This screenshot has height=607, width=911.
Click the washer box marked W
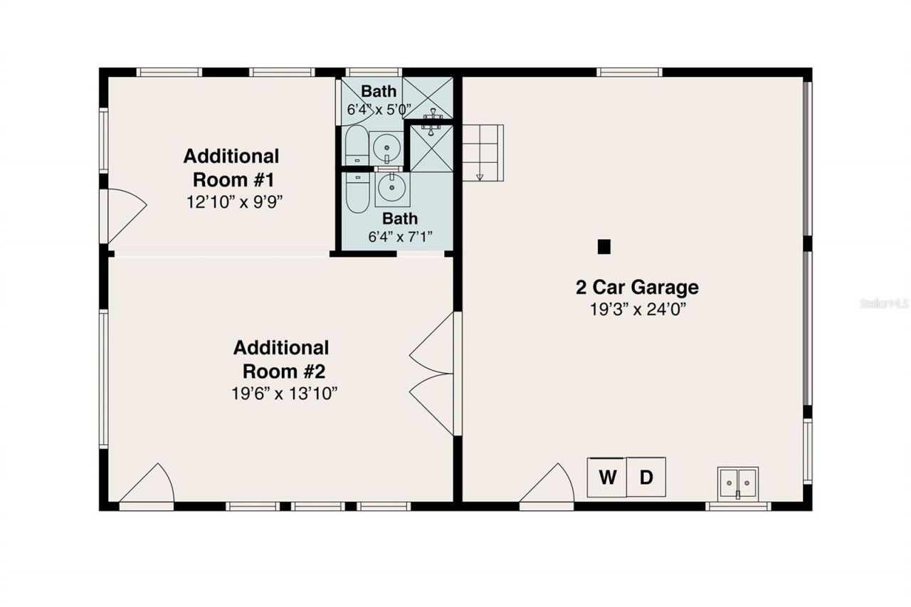606,477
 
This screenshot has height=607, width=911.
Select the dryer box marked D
646,477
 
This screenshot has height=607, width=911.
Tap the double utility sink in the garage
738,482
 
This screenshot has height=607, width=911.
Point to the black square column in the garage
604,246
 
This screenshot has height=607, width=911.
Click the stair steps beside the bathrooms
483,152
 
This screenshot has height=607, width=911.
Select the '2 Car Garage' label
637,287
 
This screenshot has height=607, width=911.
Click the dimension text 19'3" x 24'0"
637,309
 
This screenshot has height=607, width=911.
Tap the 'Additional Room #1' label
231,167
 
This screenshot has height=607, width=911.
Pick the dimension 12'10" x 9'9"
235,201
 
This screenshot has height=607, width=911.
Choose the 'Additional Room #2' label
281,359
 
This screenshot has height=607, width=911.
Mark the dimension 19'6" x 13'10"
284,394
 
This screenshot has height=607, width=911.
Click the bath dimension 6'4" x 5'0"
379,110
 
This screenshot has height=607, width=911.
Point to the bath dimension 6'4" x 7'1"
400,236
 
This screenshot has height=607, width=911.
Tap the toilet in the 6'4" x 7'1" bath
356,190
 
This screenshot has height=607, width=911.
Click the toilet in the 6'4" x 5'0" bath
356,146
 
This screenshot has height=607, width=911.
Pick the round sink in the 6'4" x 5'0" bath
386,147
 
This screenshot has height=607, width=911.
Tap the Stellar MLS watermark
885,303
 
